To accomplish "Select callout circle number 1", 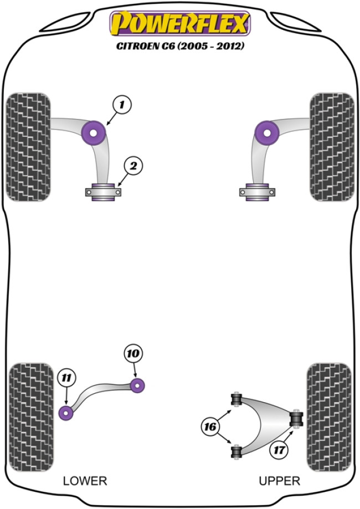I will [x=122, y=104].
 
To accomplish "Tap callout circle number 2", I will [x=133, y=164].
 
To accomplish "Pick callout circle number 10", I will [x=133, y=353].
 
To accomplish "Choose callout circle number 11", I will [x=65, y=379].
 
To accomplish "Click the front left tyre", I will [x=28, y=147].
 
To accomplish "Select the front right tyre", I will [x=332, y=147].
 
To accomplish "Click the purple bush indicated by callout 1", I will [x=94, y=132].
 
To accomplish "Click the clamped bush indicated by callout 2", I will [x=103, y=192].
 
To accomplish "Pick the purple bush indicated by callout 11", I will [x=66, y=413].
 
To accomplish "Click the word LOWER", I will [x=85, y=481].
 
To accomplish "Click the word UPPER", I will [x=279, y=481].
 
